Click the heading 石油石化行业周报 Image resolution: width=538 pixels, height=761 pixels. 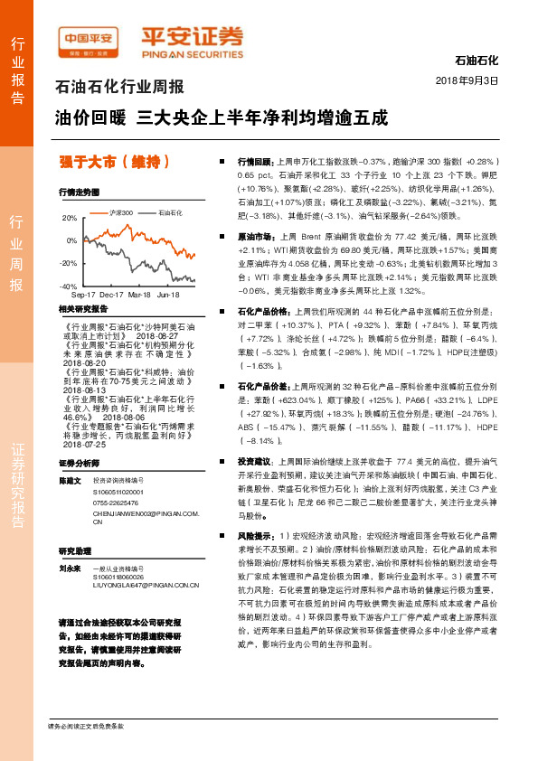point(119,89)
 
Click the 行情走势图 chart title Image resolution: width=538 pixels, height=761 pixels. point(79,193)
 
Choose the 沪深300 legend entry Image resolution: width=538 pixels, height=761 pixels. point(120,212)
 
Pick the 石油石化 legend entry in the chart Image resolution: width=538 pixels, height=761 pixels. point(170,212)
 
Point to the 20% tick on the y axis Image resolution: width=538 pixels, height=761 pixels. point(70,219)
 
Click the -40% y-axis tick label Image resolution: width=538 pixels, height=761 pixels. point(68,286)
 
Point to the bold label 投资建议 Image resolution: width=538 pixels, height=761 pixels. point(254,461)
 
